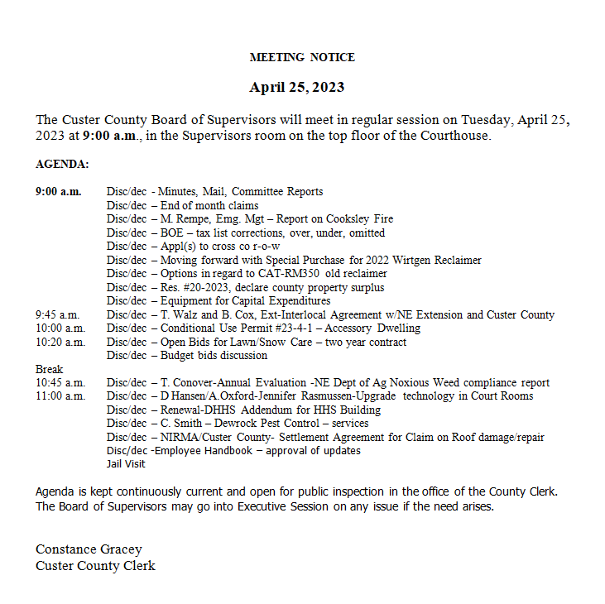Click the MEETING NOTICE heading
coord(302,57)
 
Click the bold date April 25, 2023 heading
coord(297,87)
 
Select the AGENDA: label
coord(62,165)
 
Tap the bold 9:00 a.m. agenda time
coord(58,192)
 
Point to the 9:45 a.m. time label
coord(58,315)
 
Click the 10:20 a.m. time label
coord(60,342)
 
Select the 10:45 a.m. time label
coord(60,382)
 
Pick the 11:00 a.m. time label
coord(60,396)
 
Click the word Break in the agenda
coord(49,369)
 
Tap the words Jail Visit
coord(126,464)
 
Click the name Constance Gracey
coord(89,549)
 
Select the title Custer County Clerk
coord(95,566)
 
